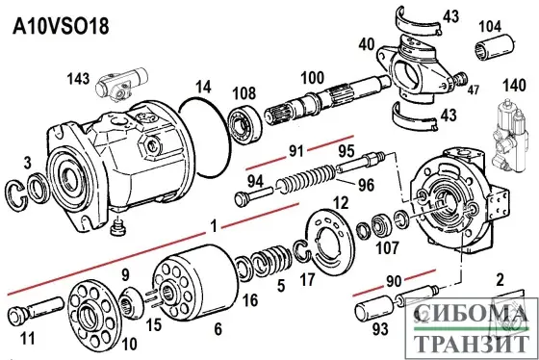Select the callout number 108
[245, 94]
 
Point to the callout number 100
[312, 76]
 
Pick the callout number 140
[515, 86]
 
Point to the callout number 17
[307, 282]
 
